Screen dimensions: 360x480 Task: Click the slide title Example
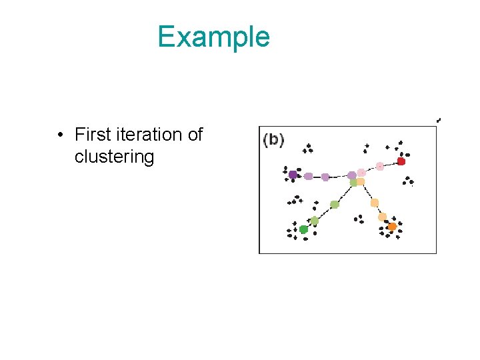[x=213, y=37]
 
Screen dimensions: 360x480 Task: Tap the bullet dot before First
[x=60, y=135]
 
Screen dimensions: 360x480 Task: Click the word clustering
[x=114, y=157]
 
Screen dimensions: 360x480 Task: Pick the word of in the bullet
[x=195, y=135]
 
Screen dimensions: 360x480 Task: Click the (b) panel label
[x=273, y=140]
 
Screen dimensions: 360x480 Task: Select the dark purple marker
[x=293, y=175]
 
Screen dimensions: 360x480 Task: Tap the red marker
[x=401, y=161]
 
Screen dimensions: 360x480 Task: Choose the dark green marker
[x=303, y=229]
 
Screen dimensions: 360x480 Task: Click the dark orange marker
[x=392, y=227]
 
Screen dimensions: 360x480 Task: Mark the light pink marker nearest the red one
[x=379, y=166]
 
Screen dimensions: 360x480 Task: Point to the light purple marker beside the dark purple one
[x=308, y=177]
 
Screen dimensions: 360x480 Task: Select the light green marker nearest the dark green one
[x=314, y=221]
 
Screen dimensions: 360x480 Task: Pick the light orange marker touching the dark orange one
[x=383, y=217]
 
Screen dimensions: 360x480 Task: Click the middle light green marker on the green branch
[x=335, y=205]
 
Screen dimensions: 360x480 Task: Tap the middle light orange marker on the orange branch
[x=375, y=203]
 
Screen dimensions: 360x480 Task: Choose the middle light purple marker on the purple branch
[x=325, y=177]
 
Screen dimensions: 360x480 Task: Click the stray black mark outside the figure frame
[x=439, y=120]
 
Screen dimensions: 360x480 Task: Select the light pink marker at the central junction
[x=361, y=173]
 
